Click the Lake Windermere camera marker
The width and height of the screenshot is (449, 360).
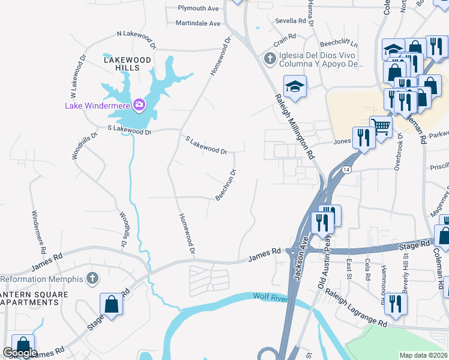point(139,106)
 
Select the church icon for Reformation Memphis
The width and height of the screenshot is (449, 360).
point(91,278)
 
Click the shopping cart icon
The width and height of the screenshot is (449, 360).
point(380,126)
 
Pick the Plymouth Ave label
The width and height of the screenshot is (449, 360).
point(199,9)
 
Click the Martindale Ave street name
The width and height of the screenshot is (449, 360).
point(198,23)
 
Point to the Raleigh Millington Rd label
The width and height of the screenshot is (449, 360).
point(295,127)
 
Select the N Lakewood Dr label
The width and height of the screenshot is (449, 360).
point(136,40)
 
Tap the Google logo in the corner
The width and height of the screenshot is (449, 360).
point(20,353)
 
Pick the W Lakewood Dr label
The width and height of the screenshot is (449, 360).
point(76,79)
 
